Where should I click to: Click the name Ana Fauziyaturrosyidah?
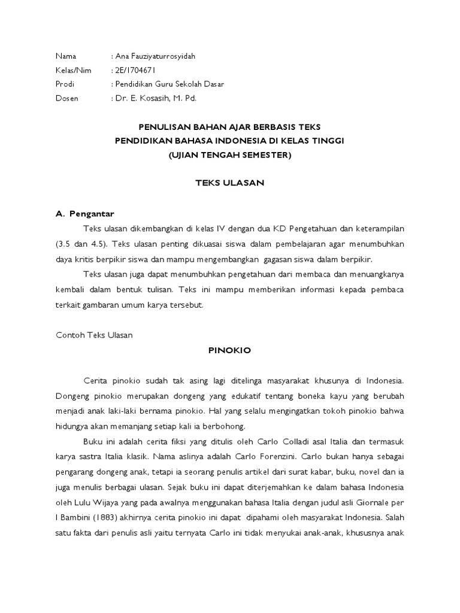click(155, 56)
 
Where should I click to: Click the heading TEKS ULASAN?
click(230, 183)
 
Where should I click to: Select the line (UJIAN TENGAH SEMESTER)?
click(230, 155)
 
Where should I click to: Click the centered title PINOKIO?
click(230, 351)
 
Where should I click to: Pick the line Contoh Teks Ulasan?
click(94, 335)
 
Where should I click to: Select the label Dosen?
click(66, 98)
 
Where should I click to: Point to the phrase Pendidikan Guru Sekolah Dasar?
click(170, 84)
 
